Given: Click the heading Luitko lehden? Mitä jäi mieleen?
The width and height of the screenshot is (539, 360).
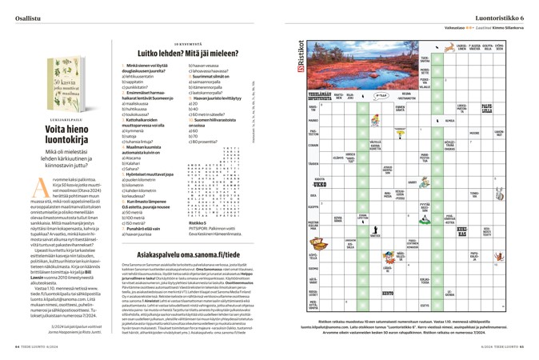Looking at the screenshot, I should (x=174, y=51).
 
